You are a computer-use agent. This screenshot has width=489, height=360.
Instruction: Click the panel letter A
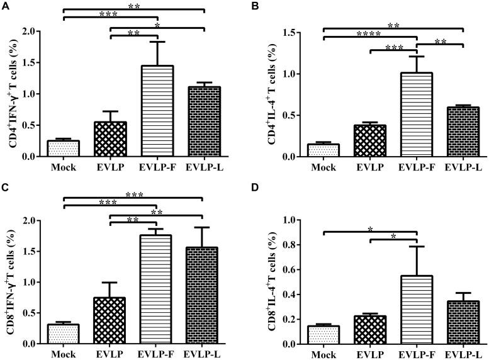6,6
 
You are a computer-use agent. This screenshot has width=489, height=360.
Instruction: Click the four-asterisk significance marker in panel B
369,34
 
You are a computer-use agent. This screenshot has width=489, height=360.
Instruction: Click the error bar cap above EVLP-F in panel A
157,42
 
